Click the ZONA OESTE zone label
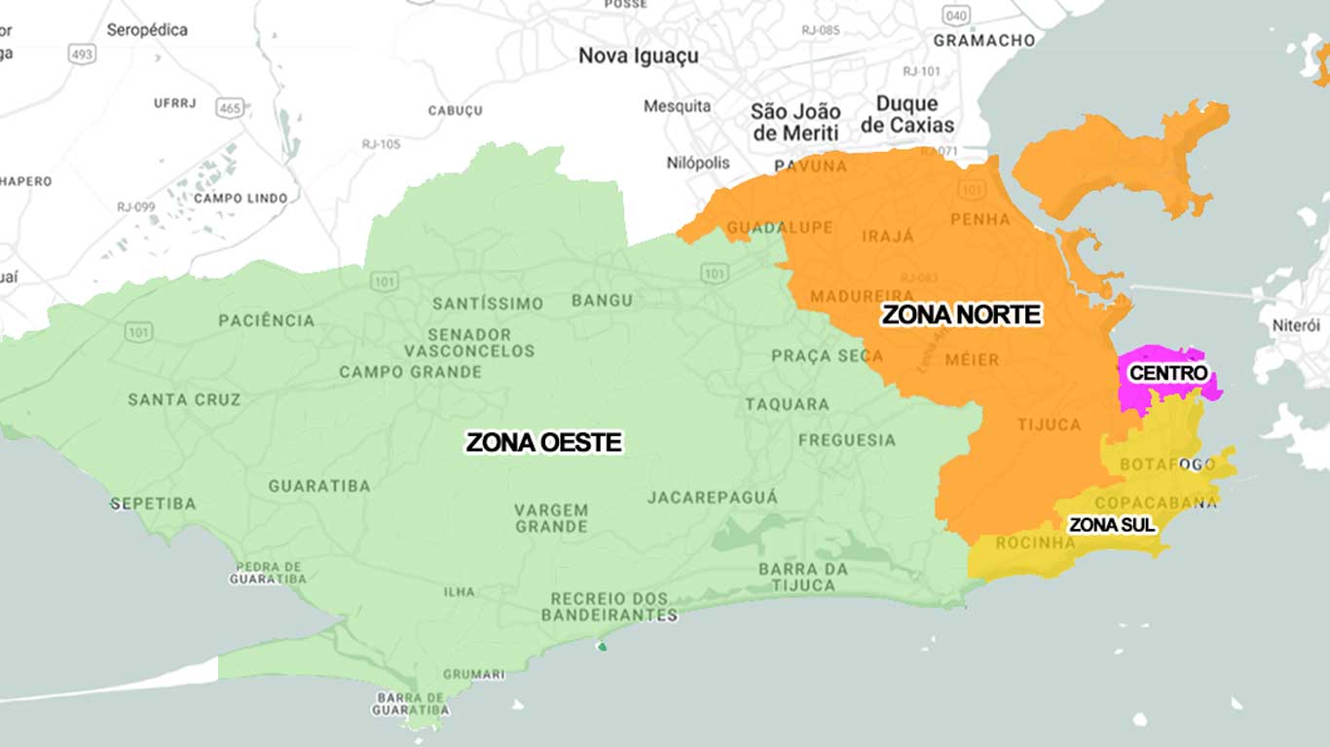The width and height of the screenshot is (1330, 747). [x=543, y=442]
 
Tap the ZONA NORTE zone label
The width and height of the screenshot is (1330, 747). [x=961, y=315]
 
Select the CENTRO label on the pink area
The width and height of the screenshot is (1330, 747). [x=1167, y=373]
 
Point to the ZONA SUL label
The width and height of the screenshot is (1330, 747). [x=1111, y=525]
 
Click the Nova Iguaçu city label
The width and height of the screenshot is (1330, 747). [x=638, y=56]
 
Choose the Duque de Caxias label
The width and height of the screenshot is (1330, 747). [x=907, y=114]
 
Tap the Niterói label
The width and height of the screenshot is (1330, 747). [x=1296, y=325]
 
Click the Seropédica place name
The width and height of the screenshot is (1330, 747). [x=147, y=30]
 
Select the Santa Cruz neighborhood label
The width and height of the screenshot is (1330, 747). [x=184, y=399]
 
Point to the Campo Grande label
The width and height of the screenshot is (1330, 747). [x=410, y=372]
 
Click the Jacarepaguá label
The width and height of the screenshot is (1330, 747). [x=713, y=498]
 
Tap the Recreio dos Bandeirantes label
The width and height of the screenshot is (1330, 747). [x=609, y=607]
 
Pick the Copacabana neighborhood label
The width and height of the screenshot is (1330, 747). [x=1156, y=503]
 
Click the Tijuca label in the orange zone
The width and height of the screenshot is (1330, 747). [x=1049, y=425]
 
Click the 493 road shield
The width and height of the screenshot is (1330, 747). [x=82, y=55]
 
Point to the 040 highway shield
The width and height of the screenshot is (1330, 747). [x=956, y=16]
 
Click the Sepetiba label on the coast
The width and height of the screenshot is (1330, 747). [x=153, y=504]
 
